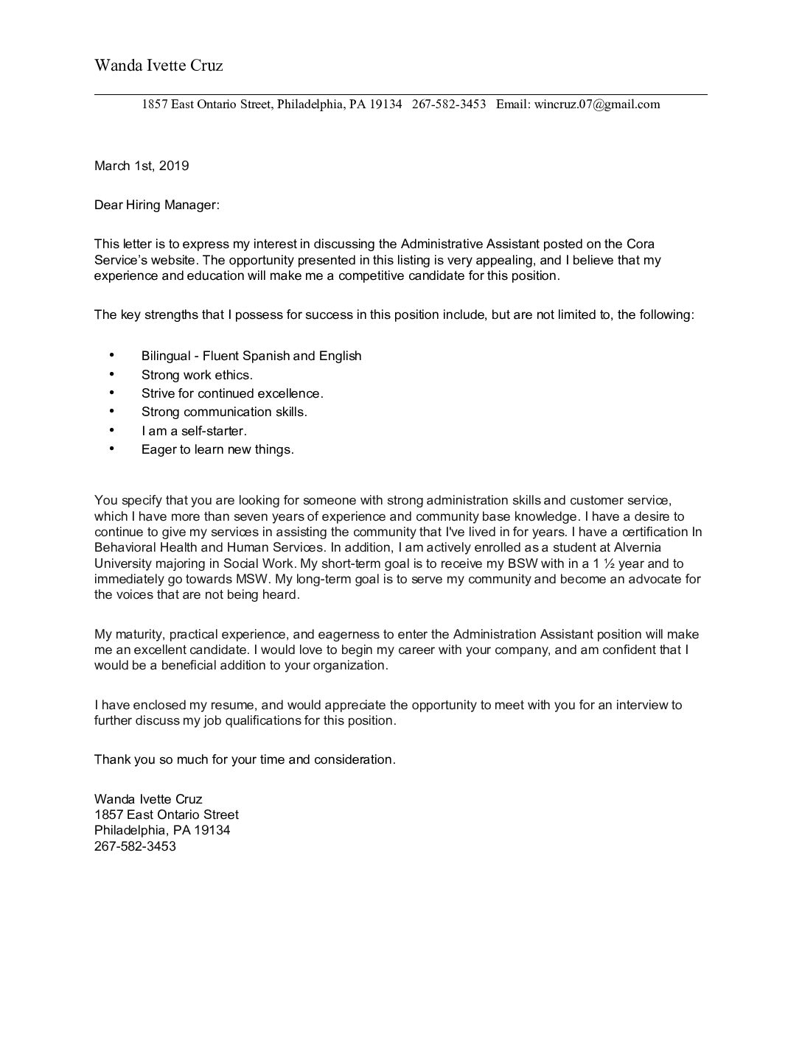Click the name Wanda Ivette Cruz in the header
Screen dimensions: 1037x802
158,66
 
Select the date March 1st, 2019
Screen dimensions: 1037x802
142,166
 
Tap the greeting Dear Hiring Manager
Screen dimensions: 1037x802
156,205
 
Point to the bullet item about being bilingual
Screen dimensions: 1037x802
251,356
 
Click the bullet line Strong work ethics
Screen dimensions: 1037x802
197,375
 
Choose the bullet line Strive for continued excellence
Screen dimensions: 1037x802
232,394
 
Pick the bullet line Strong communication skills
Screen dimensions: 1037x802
224,412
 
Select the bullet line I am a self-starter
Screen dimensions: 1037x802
194,431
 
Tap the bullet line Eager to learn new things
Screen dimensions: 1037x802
217,450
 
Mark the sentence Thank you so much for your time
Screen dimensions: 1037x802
245,760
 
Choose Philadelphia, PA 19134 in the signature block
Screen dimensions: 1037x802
162,831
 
